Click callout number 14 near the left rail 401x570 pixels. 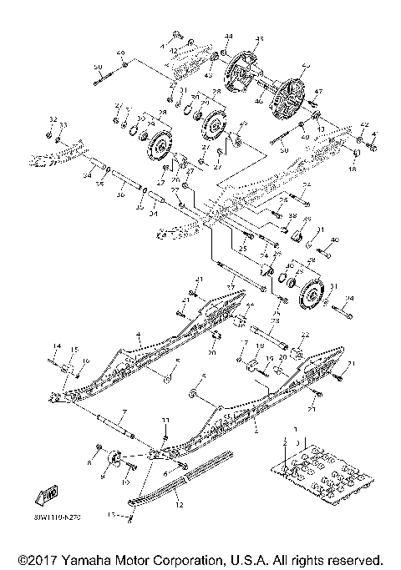click(57, 346)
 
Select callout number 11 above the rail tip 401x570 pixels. click(165, 419)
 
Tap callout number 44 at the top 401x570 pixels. click(228, 36)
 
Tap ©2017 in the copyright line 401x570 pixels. click(37, 558)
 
